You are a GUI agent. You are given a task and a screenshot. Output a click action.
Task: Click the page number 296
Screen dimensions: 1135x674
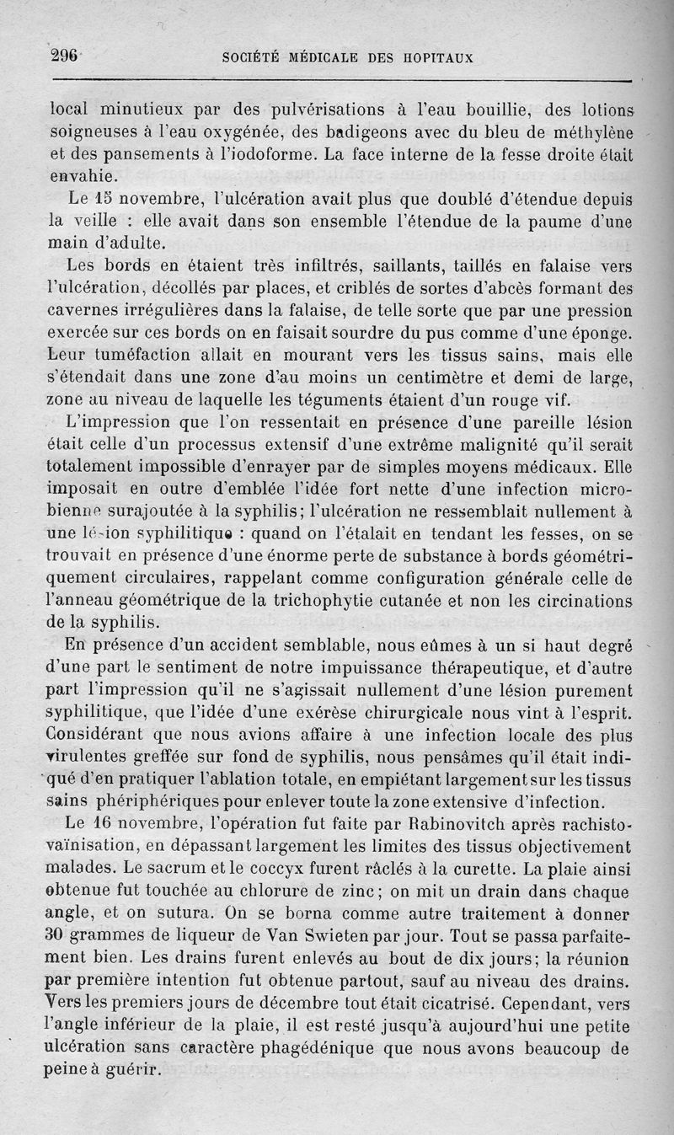[64, 56]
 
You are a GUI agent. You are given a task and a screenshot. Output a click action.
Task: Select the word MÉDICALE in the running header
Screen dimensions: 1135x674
[313, 58]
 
